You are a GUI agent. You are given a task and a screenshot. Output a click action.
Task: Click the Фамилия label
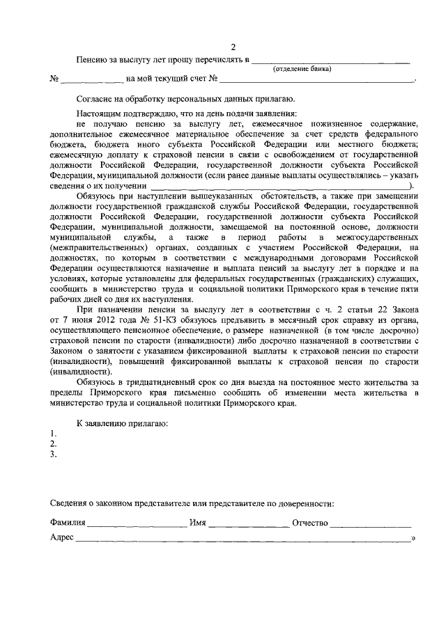coord(68,522)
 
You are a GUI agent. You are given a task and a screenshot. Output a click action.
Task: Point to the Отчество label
coord(310,522)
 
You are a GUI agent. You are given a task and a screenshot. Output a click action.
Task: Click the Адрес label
coord(62,537)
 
